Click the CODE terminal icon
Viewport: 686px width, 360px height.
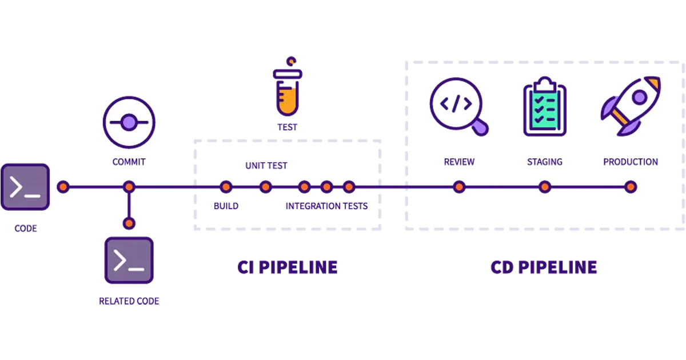[25, 187]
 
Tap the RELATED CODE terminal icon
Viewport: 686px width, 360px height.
[129, 261]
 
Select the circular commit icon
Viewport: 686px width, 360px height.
[129, 122]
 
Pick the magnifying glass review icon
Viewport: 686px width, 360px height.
[457, 106]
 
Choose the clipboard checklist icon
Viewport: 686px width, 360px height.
[544, 107]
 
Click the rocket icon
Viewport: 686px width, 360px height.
[631, 106]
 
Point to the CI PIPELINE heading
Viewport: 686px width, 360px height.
[287, 267]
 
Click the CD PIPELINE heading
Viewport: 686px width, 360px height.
[544, 267]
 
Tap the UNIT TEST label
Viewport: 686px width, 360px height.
[266, 166]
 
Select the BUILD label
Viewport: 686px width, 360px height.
[226, 206]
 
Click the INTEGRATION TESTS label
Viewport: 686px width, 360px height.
[326, 206]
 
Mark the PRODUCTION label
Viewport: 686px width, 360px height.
[631, 162]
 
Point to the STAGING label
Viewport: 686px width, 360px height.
[544, 162]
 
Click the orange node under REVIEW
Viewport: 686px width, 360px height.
[458, 187]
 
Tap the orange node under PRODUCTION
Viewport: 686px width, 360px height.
[630, 187]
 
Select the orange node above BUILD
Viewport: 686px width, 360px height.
[226, 187]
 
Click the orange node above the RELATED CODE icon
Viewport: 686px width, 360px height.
[129, 223]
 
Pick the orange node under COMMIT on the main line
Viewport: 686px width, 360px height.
[129, 187]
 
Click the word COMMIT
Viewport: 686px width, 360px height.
[129, 162]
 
